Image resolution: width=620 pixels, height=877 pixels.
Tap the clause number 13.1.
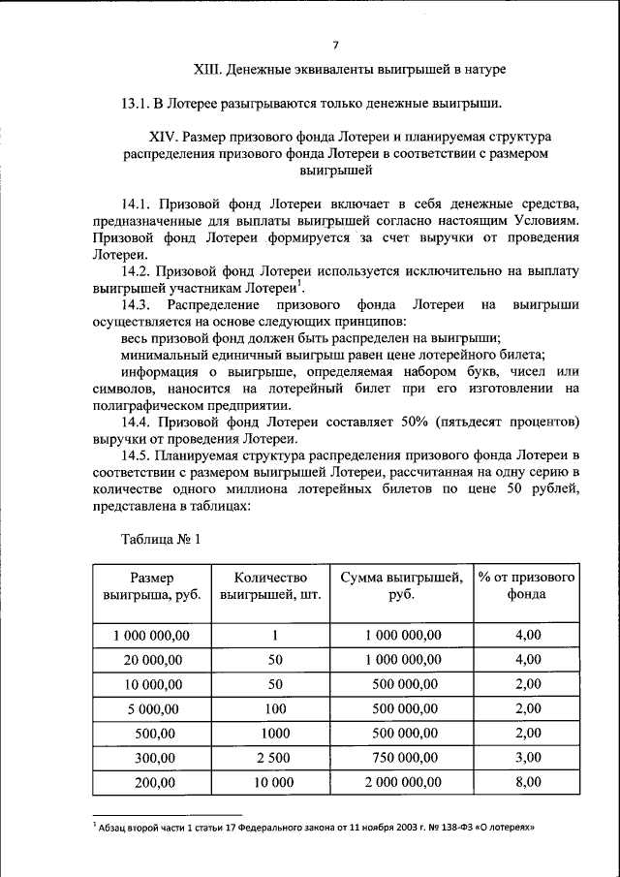coord(138,103)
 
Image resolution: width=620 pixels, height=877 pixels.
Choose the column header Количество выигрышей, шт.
coord(275,586)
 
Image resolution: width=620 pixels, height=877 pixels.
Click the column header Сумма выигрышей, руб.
coord(401,586)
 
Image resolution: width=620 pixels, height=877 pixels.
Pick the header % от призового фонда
coord(527,586)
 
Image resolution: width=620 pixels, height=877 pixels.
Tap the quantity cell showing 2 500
coord(275,757)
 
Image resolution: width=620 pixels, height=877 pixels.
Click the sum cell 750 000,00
coord(401,757)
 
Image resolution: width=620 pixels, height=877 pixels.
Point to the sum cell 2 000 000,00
coord(401,781)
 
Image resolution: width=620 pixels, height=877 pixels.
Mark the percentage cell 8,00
coord(527,781)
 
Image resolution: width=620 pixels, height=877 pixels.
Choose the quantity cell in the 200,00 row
coord(275,781)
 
